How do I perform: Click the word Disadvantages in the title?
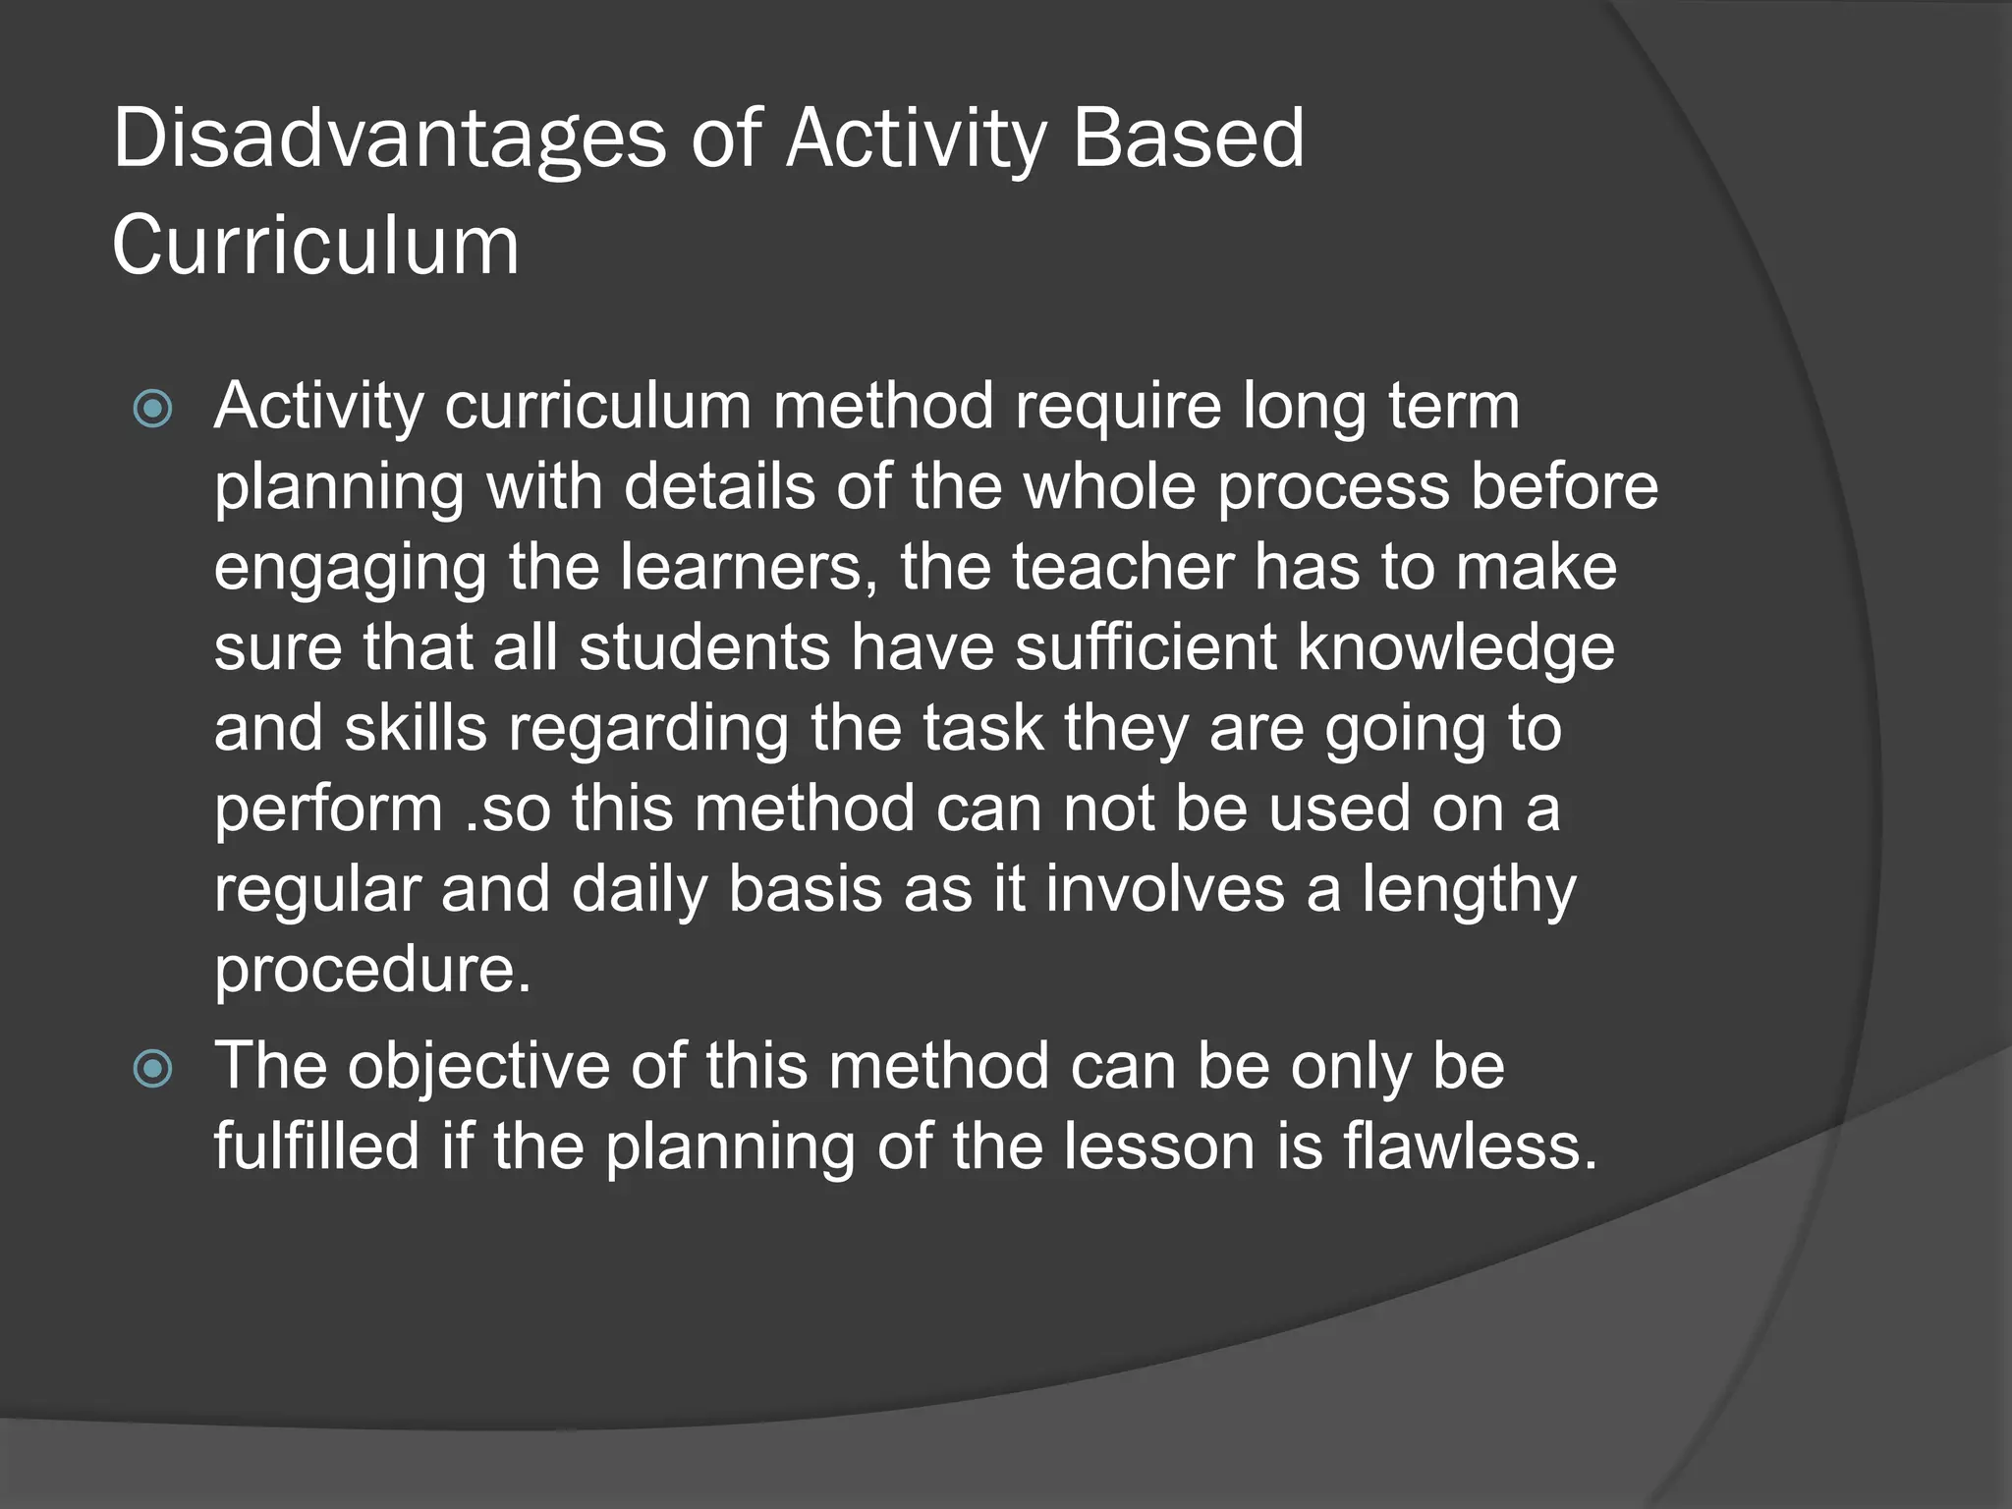(390, 140)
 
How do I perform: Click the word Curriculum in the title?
(315, 246)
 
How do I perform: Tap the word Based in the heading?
(1188, 140)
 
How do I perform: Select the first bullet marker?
(152, 409)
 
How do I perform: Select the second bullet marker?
(152, 1069)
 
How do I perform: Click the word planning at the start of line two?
(339, 488)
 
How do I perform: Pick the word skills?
(416, 729)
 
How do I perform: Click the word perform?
(329, 810)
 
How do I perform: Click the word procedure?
(372, 971)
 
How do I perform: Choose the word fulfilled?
(317, 1146)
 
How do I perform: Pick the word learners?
(749, 568)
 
